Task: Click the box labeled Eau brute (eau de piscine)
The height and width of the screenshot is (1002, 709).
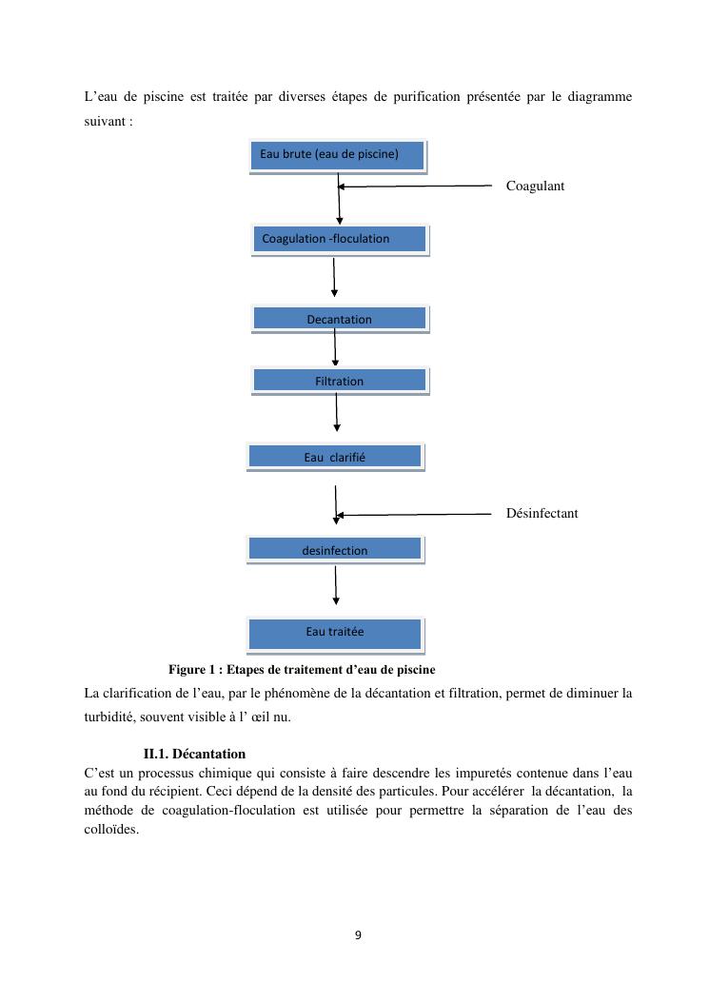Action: point(337,155)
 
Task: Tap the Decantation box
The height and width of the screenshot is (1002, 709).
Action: point(340,319)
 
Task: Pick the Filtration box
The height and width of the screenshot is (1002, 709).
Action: point(340,381)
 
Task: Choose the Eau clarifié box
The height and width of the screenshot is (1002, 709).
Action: point(335,457)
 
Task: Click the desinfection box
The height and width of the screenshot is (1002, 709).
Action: point(335,549)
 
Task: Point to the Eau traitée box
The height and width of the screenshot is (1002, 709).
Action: point(335,632)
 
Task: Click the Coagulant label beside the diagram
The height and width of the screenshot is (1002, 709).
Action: point(535,186)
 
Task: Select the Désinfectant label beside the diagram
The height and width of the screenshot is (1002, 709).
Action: point(542,513)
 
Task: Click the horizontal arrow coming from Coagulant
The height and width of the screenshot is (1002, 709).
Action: point(419,187)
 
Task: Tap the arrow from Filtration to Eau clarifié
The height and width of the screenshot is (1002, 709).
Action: point(337,411)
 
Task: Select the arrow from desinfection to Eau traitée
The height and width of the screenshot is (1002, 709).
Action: point(336,585)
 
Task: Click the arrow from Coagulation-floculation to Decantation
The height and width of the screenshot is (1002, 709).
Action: point(334,278)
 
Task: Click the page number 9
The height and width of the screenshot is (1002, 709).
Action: point(358,934)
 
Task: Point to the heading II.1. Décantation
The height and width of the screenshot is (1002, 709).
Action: point(194,755)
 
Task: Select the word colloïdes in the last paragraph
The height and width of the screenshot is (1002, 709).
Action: point(111,828)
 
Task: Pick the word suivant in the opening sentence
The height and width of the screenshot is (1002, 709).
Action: point(105,123)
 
